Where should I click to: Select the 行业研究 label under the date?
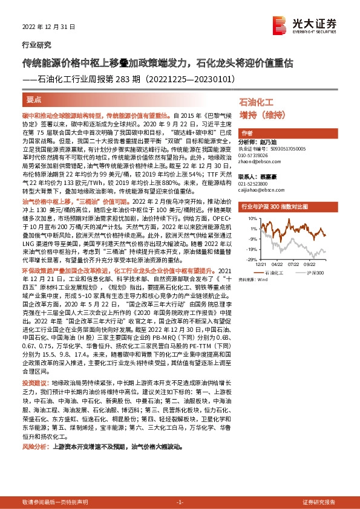(33, 45)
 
